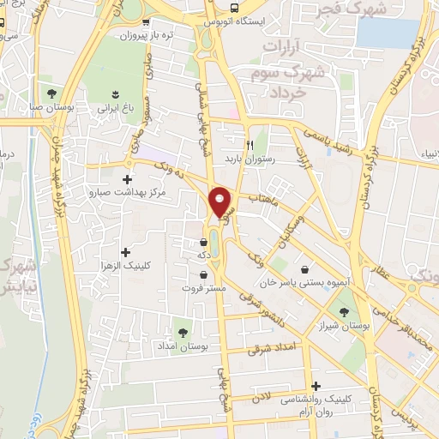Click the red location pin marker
(220, 201)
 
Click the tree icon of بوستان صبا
(52, 92)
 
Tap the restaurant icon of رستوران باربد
(250, 145)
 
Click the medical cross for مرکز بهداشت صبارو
(128, 180)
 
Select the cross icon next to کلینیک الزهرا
(126, 252)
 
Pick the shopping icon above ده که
(203, 242)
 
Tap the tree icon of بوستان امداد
(181, 329)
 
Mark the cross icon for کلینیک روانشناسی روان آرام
(316, 386)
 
